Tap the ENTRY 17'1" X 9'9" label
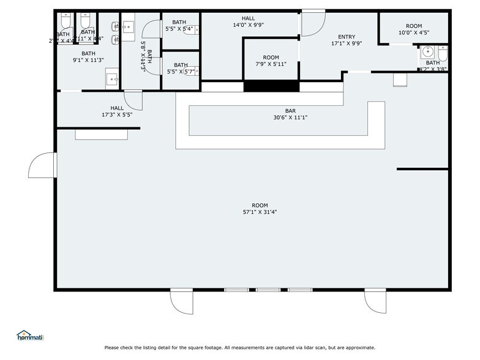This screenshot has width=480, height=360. [x=342, y=40]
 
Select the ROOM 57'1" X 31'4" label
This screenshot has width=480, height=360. [x=260, y=209]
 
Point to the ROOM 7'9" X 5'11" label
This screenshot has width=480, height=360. [x=271, y=61]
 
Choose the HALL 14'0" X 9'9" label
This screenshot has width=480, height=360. [x=248, y=22]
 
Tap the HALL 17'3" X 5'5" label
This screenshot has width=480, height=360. [x=117, y=111]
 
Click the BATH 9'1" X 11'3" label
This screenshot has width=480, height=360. [x=88, y=57]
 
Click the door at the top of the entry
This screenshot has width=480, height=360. [x=313, y=21]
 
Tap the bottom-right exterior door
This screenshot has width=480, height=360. [x=375, y=300]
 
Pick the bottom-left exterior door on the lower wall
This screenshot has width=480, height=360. [x=181, y=300]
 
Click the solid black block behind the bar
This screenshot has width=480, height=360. [x=271, y=86]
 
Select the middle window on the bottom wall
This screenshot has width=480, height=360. [x=268, y=290]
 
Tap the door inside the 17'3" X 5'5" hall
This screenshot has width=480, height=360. [x=133, y=100]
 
